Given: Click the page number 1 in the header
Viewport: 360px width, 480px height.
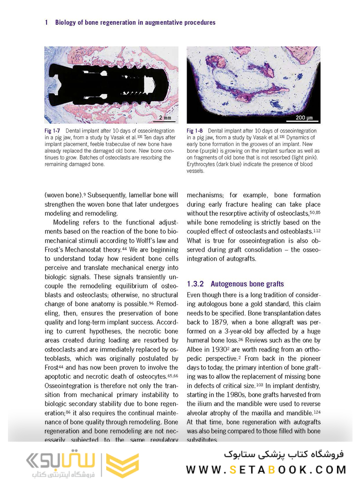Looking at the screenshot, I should click(46, 22).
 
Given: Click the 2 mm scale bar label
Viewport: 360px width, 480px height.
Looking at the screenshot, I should click(165, 117).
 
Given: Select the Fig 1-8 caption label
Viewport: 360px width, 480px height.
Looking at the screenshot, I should click(195, 131).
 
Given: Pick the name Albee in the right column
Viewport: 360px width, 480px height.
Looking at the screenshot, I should click(196, 349).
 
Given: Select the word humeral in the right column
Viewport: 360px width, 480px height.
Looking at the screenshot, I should click(199, 340).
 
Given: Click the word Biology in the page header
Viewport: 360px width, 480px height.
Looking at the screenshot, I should click(66, 22).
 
